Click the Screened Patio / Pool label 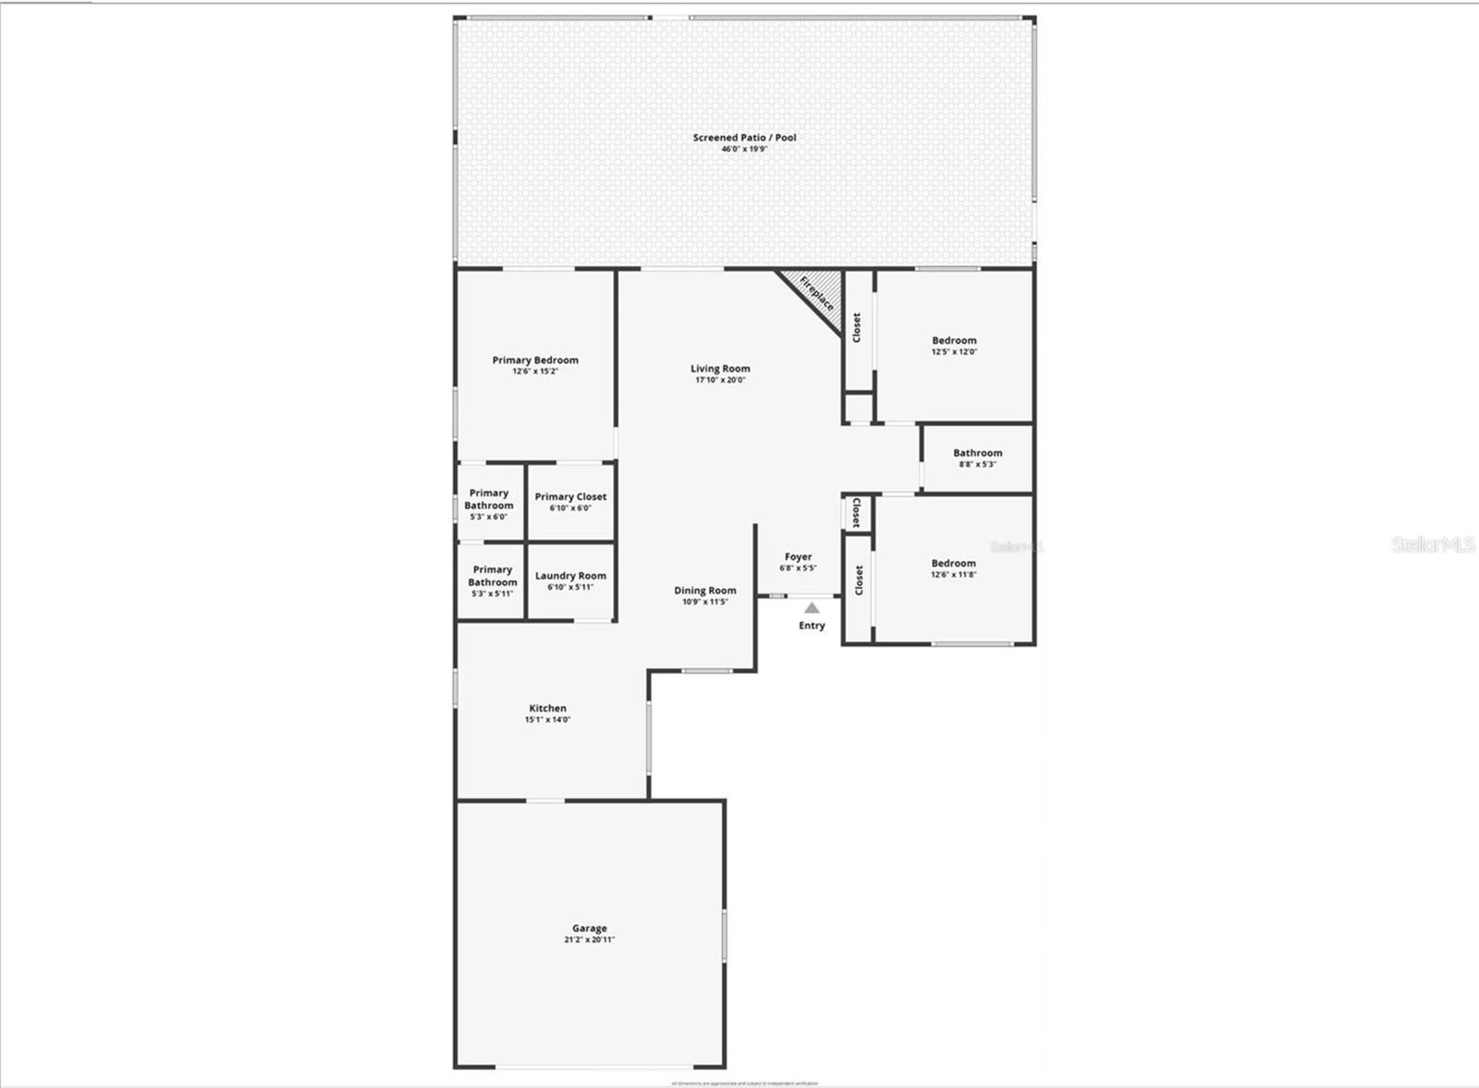pyautogui.click(x=744, y=138)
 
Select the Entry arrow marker pyautogui.click(x=812, y=608)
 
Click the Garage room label pyautogui.click(x=589, y=928)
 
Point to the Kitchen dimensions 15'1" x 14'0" pyautogui.click(x=547, y=720)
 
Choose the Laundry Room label pyautogui.click(x=570, y=576)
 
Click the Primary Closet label pyautogui.click(x=570, y=496)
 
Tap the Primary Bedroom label pyautogui.click(x=535, y=361)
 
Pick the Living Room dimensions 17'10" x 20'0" pyautogui.click(x=720, y=380)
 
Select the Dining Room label pyautogui.click(x=705, y=591)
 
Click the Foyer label pyautogui.click(x=798, y=556)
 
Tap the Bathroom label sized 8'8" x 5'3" pyautogui.click(x=977, y=453)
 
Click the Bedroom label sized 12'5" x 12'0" pyautogui.click(x=954, y=340)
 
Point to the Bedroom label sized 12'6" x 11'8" pyautogui.click(x=953, y=563)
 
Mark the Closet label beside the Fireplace pyautogui.click(x=857, y=327)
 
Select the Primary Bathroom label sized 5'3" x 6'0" pyautogui.click(x=489, y=499)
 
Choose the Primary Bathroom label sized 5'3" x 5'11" pyautogui.click(x=492, y=576)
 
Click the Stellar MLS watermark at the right pyautogui.click(x=1433, y=544)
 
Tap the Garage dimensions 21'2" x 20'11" pyautogui.click(x=589, y=940)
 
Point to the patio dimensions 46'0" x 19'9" pyautogui.click(x=744, y=149)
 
